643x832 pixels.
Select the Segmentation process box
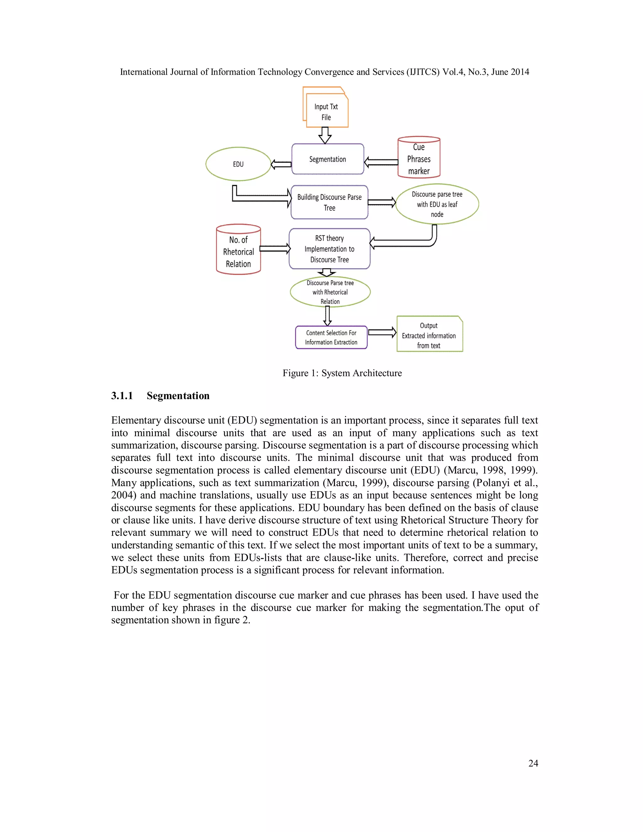[x=327, y=159]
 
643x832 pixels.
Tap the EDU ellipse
[x=238, y=164]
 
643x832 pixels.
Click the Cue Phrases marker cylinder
[x=419, y=159]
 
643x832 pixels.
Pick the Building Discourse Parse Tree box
[x=329, y=202]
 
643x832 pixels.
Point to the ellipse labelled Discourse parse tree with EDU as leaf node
[x=437, y=204]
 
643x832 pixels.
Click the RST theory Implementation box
[x=329, y=249]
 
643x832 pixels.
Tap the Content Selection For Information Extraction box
[x=331, y=338]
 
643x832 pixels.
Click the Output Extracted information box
[x=429, y=335]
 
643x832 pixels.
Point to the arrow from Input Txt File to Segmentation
[x=325, y=135]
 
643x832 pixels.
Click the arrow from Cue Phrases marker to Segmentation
[x=381, y=162]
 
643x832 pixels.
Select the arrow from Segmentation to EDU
[x=281, y=165]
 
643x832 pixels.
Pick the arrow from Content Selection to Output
[x=382, y=332]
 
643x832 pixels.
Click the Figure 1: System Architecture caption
[x=342, y=373]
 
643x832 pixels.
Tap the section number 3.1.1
[x=122, y=396]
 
